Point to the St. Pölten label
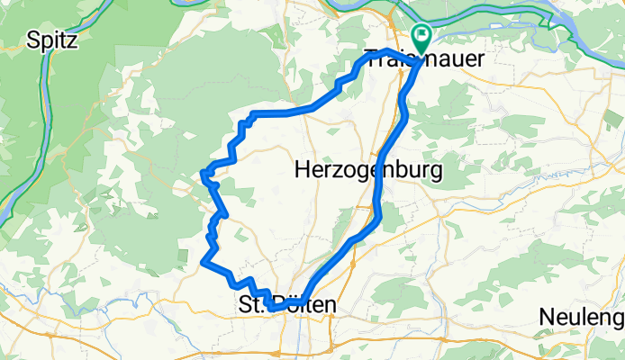pos(286,306)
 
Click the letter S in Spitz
pos(34,40)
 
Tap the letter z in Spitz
pos(72,40)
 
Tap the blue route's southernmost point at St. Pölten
pos(271,310)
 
